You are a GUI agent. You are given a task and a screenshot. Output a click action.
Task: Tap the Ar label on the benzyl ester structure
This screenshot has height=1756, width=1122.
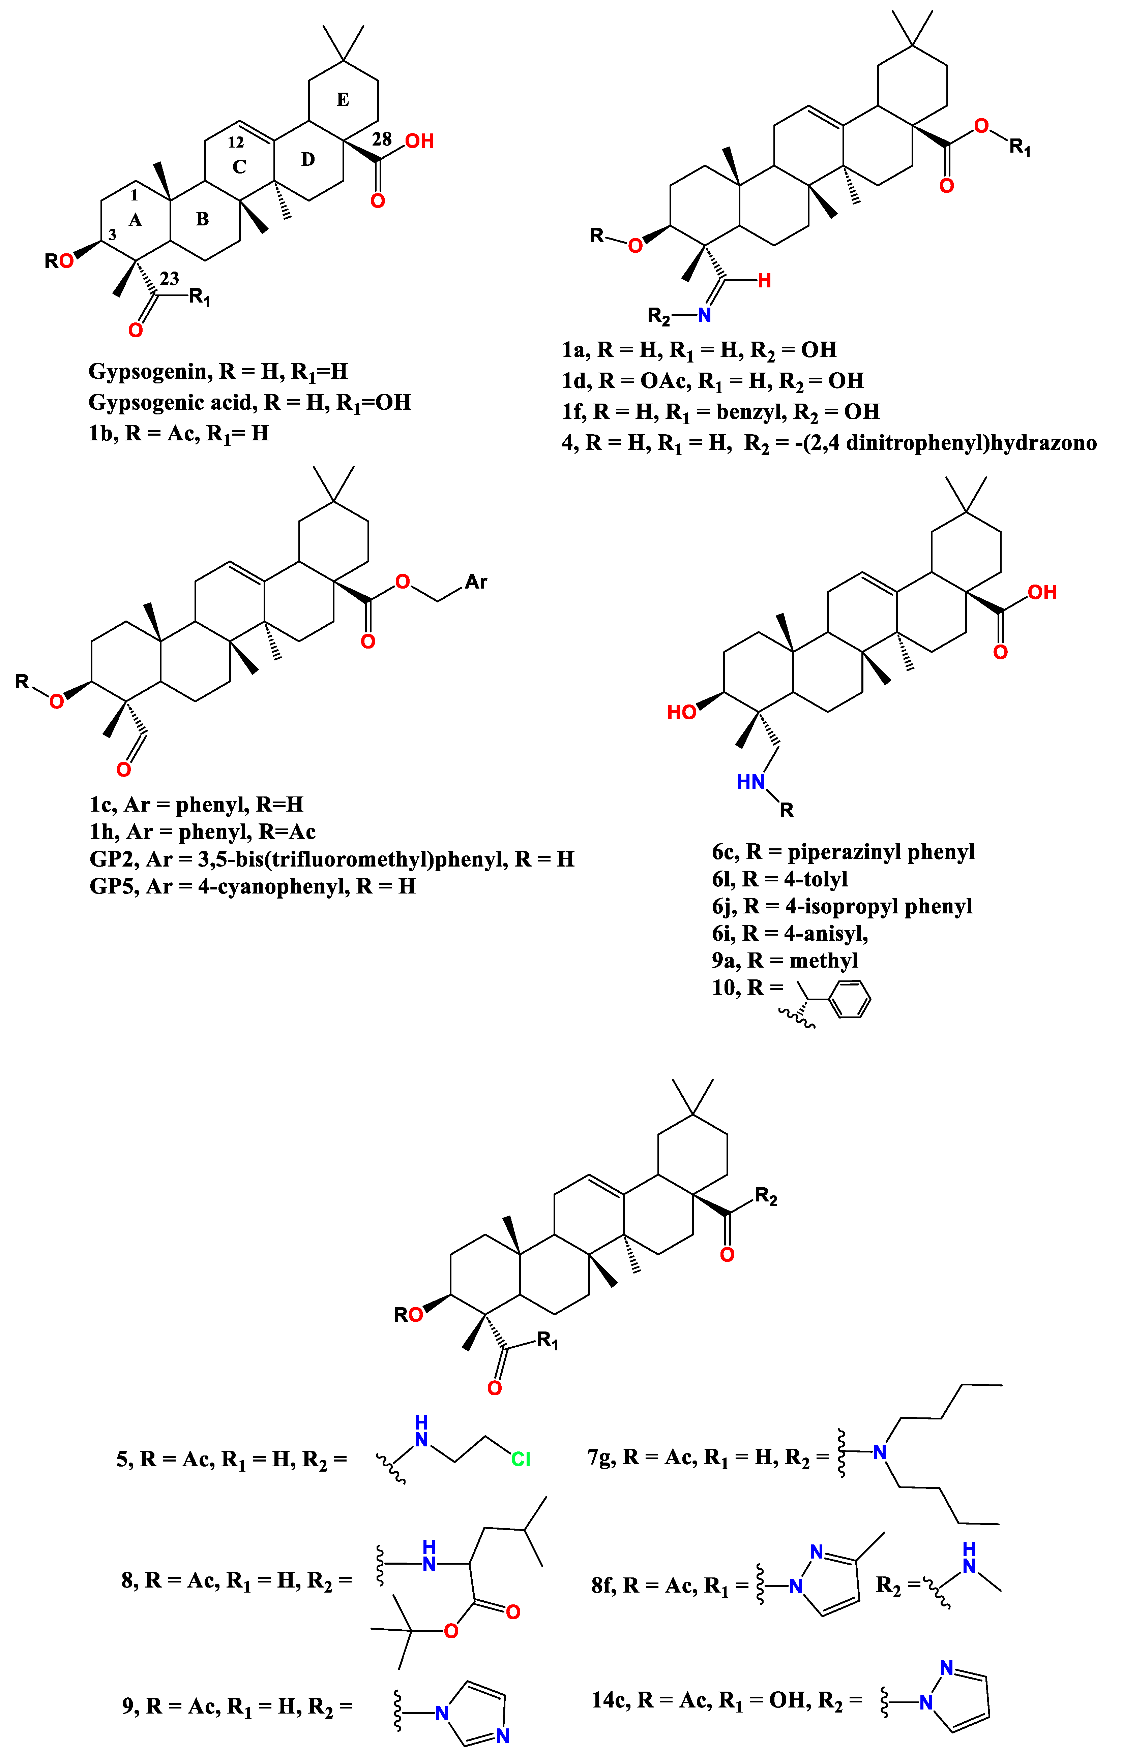pyautogui.click(x=476, y=582)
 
